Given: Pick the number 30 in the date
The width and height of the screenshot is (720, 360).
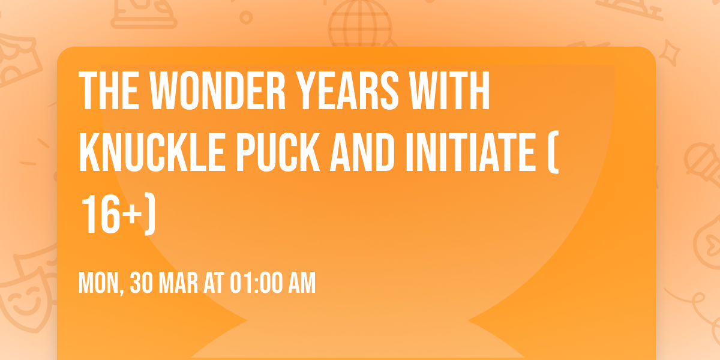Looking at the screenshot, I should pos(143,283).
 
